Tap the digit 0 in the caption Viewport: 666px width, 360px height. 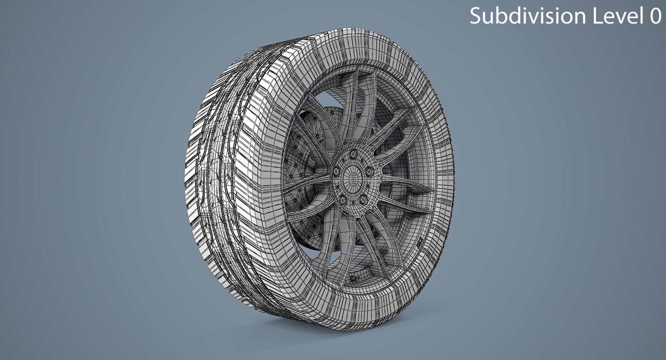pyautogui.click(x=655, y=16)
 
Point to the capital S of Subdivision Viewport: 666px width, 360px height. pyautogui.click(x=476, y=16)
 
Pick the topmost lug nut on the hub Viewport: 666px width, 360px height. pyautogui.click(x=353, y=153)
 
